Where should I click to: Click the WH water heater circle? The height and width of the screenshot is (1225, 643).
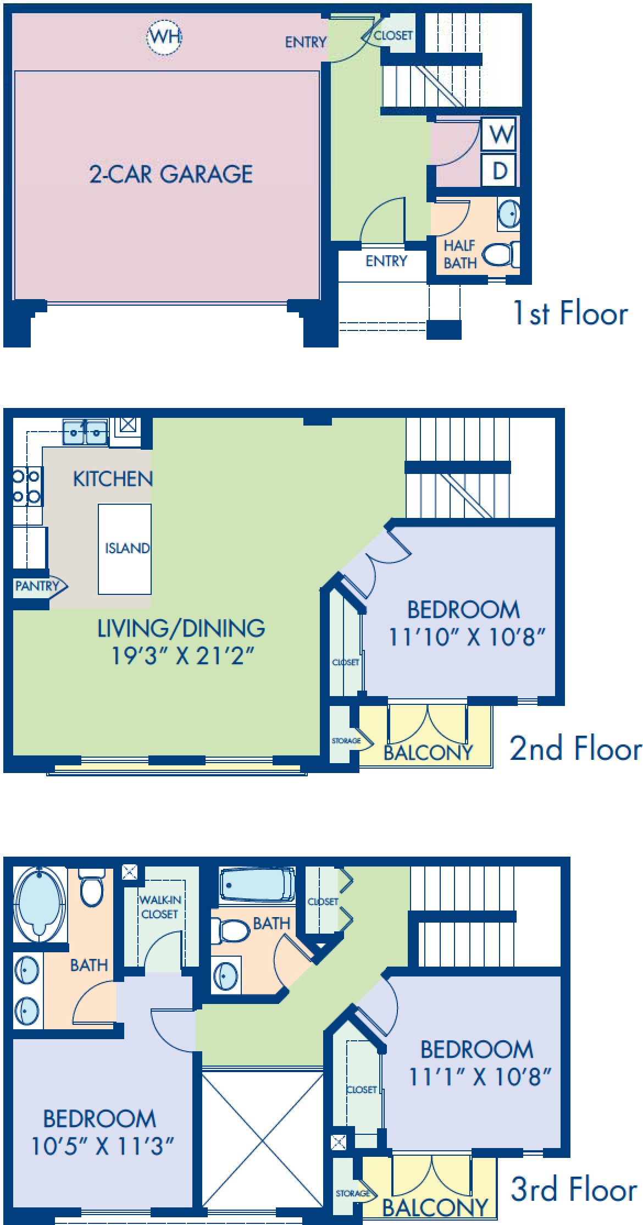[x=164, y=37]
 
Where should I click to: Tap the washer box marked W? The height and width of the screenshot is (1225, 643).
[x=499, y=134]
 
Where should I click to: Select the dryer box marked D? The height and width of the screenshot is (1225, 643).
[x=499, y=170]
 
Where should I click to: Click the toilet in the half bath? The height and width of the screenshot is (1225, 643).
[x=500, y=255]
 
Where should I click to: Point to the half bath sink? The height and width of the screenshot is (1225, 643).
[x=509, y=214]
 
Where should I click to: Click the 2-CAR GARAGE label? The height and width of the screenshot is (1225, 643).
[x=171, y=174]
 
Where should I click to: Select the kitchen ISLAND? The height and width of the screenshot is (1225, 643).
[x=125, y=549]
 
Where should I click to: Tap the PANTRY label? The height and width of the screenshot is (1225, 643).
[x=36, y=586]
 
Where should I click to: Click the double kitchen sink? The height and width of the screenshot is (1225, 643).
[x=85, y=432]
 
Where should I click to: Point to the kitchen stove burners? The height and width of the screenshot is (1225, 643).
[x=26, y=486]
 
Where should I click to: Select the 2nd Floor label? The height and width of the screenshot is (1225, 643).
[x=575, y=748]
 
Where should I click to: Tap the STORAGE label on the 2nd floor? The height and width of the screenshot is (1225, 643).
[x=346, y=741]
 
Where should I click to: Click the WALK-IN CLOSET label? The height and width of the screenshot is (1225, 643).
[x=159, y=907]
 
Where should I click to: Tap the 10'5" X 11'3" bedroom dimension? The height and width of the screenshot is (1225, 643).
[x=102, y=1147]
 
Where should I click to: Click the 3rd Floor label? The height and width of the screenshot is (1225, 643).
[x=574, y=1189]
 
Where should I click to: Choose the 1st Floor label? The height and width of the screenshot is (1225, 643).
[x=570, y=314]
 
